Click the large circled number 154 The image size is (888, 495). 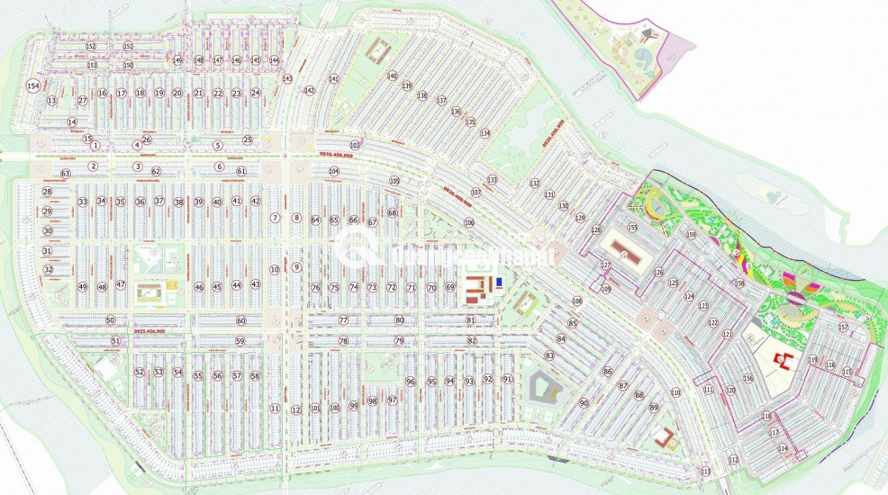click(33, 85)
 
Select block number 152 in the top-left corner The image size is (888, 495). click(90, 46)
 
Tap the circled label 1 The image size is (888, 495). click(94, 146)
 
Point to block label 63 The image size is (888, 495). click(65, 173)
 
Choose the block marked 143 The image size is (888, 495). click(287, 79)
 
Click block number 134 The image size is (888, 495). click(485, 133)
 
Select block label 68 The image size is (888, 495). click(392, 212)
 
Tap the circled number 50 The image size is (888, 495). click(110, 319)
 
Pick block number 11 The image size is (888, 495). click(275, 408)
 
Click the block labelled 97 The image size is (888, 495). click(392, 400)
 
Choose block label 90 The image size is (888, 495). click(584, 402)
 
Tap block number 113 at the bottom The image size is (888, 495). click(705, 472)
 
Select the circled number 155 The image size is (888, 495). click(632, 229)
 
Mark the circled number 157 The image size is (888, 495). click(843, 327)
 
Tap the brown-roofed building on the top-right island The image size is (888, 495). click(646, 35)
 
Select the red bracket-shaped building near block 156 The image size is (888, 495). click(785, 361)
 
